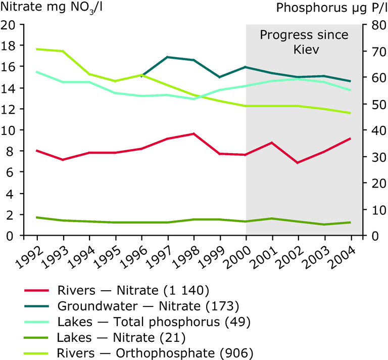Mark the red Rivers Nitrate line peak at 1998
click(194, 133)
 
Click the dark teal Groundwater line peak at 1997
click(168, 57)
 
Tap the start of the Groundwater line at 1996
click(142, 76)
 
